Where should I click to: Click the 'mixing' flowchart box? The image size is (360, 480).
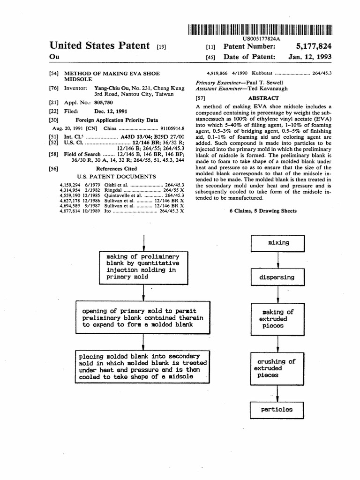coord(278,243)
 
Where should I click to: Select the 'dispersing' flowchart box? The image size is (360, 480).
coord(278,277)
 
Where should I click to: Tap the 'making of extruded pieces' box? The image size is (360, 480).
coord(278,319)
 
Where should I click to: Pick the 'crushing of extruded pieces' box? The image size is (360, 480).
coord(278,368)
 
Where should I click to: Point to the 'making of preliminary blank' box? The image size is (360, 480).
coord(143,267)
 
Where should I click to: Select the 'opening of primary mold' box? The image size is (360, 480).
coord(143,317)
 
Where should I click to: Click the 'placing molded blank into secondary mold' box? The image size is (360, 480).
coord(143,366)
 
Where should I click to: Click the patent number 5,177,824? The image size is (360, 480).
coord(314,47)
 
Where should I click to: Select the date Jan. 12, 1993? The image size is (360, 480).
coord(310,57)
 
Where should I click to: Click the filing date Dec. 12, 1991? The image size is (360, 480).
coord(111,112)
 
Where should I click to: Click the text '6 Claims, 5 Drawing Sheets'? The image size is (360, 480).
coord(263,211)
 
